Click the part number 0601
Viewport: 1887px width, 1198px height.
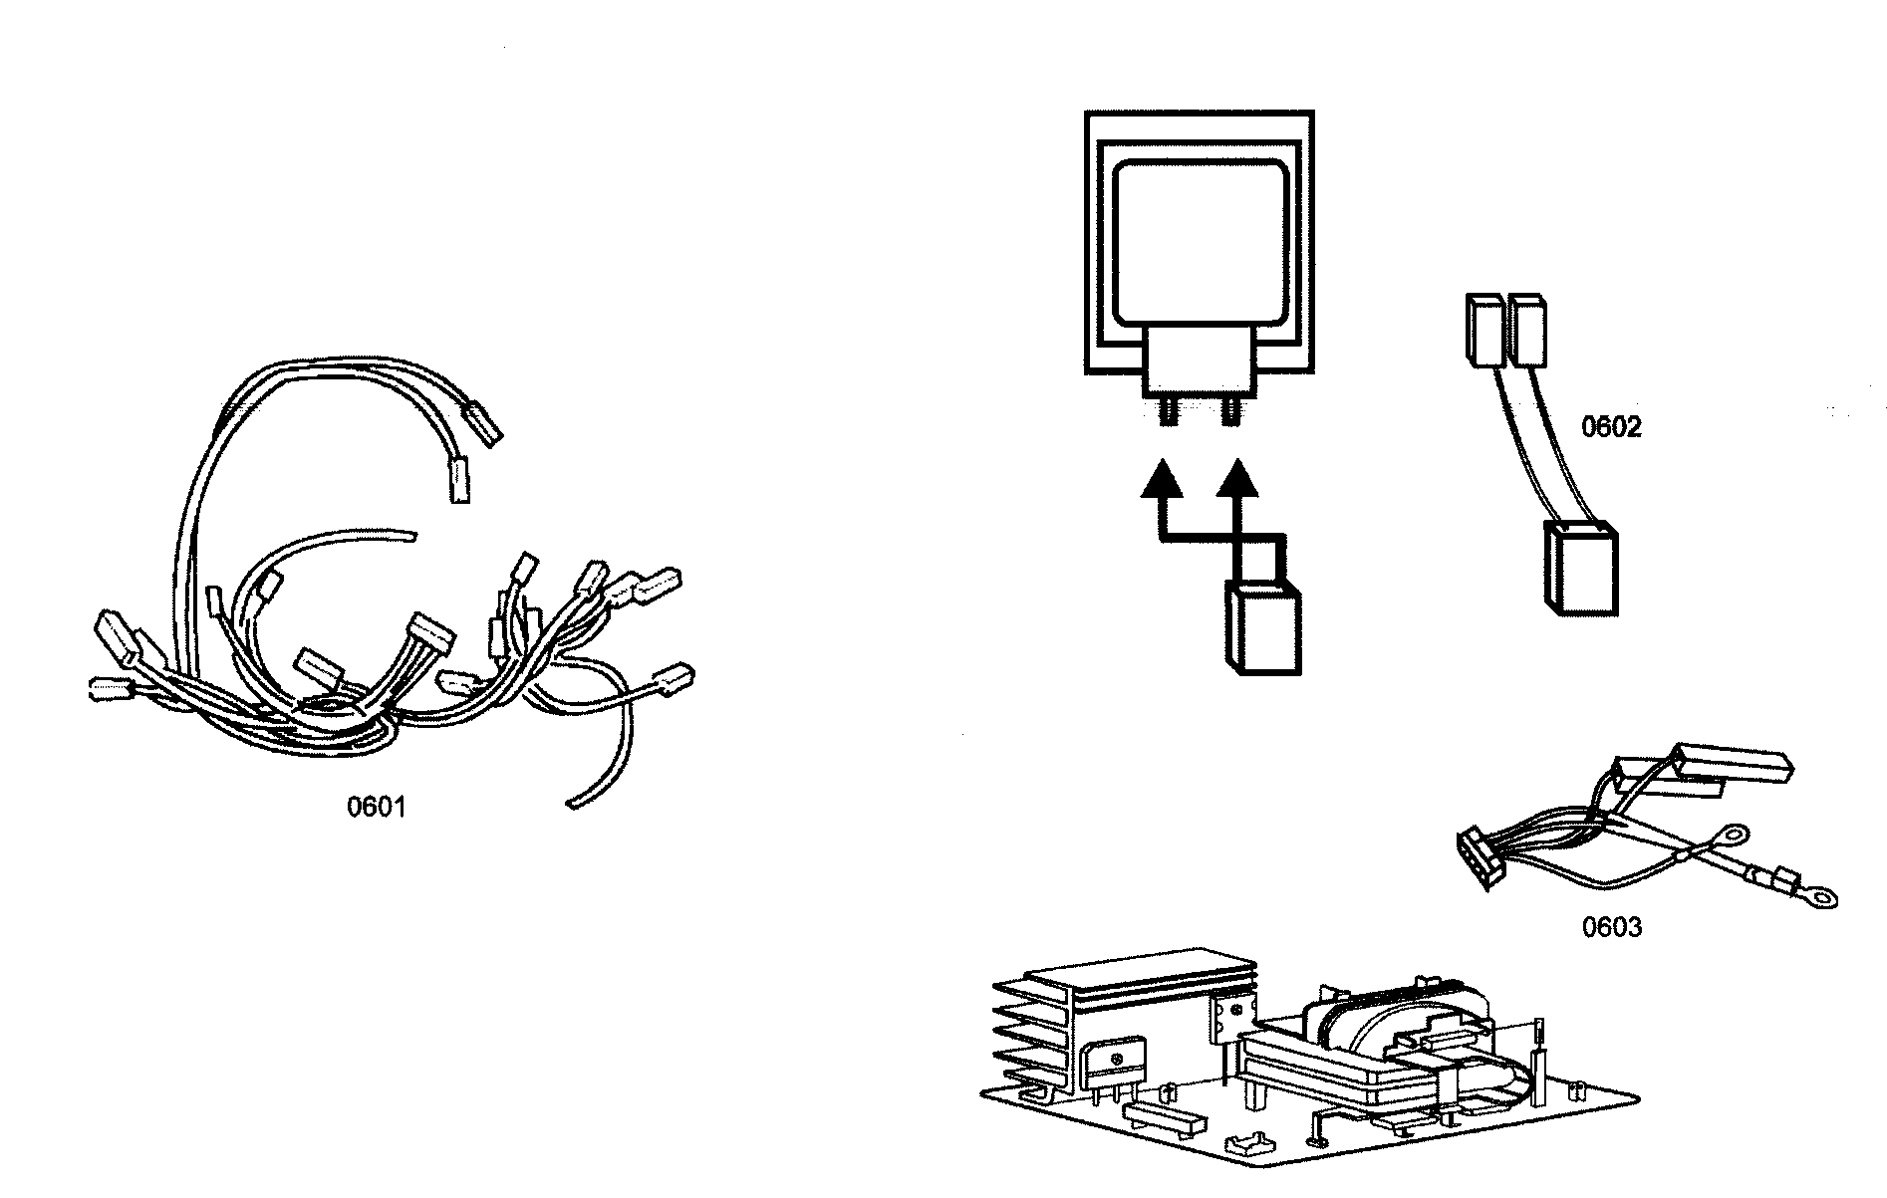point(376,807)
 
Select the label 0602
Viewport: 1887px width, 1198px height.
point(1611,427)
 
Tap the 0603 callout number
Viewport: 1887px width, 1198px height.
point(1611,927)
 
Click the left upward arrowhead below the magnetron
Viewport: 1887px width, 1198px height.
point(1161,480)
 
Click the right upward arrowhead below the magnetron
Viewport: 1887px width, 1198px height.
point(1236,480)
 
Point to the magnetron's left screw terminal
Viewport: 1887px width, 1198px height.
point(1166,412)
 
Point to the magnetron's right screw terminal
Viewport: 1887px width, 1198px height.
point(1231,412)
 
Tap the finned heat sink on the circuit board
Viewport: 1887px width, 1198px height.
point(1036,1026)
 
